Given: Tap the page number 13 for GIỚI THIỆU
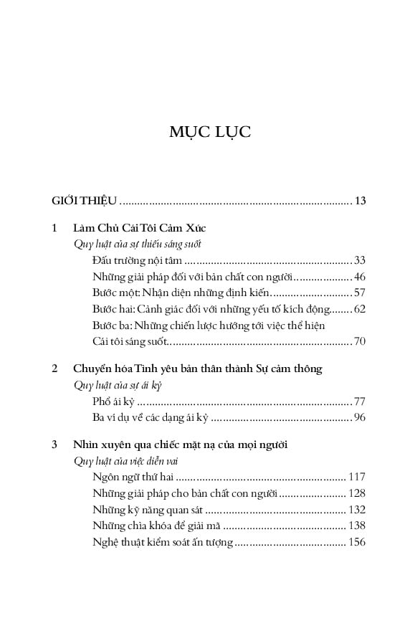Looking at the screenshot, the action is point(360,200).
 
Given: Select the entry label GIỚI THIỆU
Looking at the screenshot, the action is point(85,200).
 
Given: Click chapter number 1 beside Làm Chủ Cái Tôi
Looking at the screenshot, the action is point(55,228).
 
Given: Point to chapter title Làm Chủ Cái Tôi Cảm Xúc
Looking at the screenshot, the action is point(139,228).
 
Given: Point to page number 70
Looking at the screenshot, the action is point(360,341).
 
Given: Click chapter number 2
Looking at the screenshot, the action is point(55,368).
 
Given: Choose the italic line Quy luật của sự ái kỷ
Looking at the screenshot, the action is point(113,384).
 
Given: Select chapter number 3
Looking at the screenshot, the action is point(55,444).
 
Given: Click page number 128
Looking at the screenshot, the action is point(357,493).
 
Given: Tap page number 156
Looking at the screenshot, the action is point(357,542).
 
